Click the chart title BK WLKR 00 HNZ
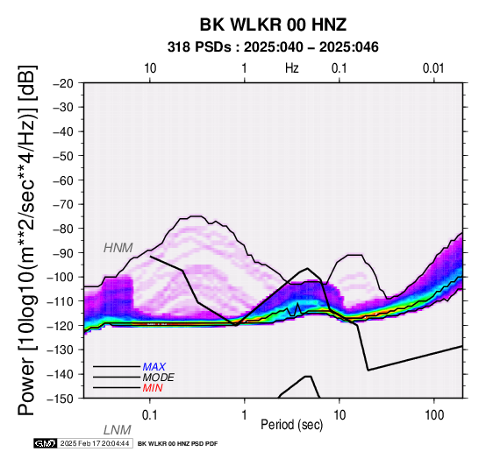click(273, 25)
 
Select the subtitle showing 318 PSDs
click(273, 47)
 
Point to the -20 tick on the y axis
click(63, 83)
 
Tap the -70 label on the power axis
click(63, 204)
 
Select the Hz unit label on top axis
click(292, 68)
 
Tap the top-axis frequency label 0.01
click(433, 68)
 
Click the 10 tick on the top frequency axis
click(150, 68)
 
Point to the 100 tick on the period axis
click(434, 415)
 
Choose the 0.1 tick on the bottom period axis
click(150, 415)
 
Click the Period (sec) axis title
click(291, 425)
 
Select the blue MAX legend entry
click(154, 367)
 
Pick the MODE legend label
click(159, 378)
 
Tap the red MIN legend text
click(153, 388)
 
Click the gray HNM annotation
click(118, 248)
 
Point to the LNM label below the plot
click(118, 430)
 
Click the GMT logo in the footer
click(46, 443)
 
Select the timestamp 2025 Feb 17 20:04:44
click(95, 443)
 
